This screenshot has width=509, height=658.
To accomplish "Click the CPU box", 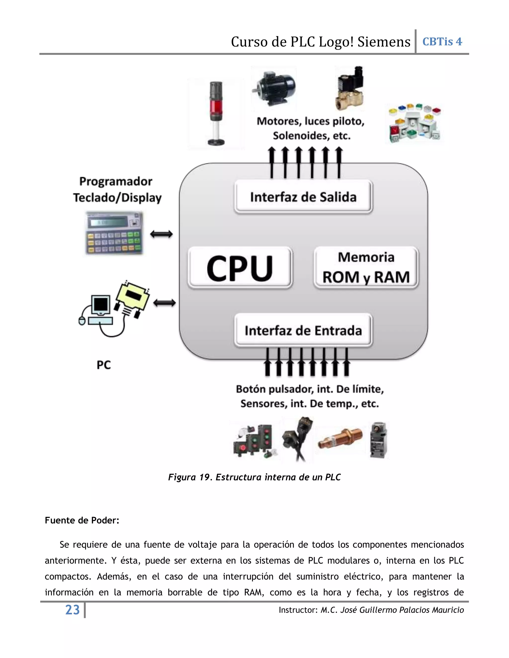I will (240, 267).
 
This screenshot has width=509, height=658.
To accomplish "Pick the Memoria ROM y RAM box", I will (366, 267).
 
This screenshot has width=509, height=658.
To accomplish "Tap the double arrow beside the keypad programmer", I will (161, 234).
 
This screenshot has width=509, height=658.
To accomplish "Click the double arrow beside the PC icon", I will (164, 303).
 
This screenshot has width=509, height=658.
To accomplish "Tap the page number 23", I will (72, 610).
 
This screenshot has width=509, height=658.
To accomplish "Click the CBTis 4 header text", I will (442, 41).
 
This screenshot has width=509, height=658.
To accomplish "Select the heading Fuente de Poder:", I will (82, 520).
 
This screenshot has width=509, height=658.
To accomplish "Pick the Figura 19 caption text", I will (254, 477).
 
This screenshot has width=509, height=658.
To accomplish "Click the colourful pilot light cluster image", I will (415, 123).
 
